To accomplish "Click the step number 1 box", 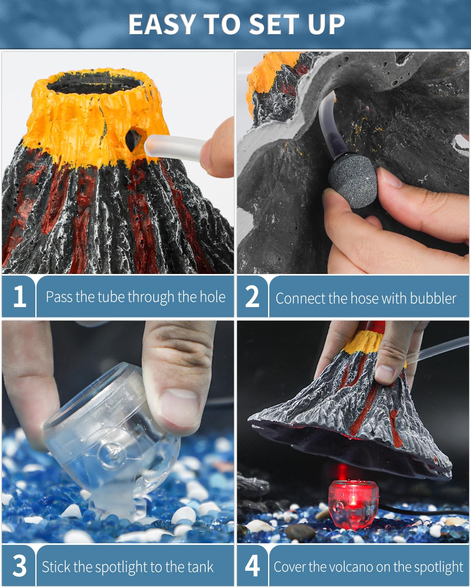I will (x=19, y=296).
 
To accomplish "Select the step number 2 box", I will (x=252, y=296).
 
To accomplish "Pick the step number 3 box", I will (x=19, y=566).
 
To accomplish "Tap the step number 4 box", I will (x=252, y=566).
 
